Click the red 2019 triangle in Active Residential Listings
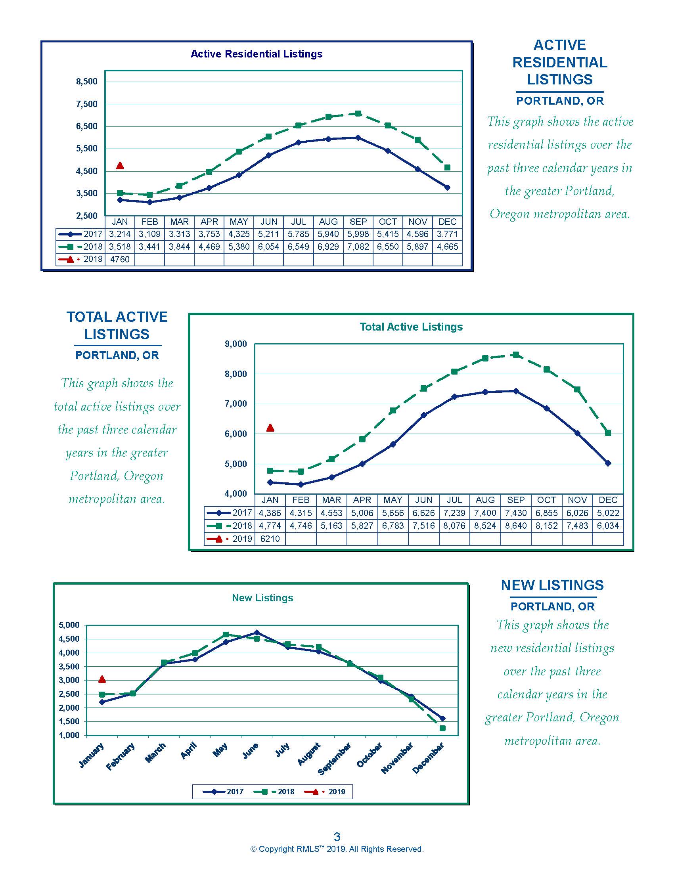point(120,165)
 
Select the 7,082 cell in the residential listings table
point(358,247)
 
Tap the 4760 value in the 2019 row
point(120,260)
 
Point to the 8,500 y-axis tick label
point(87,81)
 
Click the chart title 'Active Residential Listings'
point(257,54)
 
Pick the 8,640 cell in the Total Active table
point(516,526)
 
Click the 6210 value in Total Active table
point(270,539)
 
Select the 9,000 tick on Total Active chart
point(236,344)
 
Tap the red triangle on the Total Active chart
point(270,428)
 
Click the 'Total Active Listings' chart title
point(411,327)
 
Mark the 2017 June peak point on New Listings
point(257,633)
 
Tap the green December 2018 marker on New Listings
point(442,728)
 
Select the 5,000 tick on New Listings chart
point(69,625)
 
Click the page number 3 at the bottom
point(337,836)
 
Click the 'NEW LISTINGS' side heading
point(552,585)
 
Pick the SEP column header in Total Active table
point(516,500)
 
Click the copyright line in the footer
point(337,849)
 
